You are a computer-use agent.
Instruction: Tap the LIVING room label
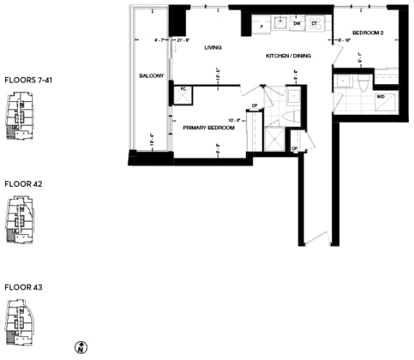212,47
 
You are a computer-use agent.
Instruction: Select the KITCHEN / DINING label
287,55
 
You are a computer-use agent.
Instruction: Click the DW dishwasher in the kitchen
296,24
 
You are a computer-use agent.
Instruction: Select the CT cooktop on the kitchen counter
315,24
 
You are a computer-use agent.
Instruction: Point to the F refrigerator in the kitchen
262,27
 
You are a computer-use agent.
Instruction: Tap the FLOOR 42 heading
23,184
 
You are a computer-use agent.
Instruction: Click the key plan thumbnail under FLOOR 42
19,219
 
